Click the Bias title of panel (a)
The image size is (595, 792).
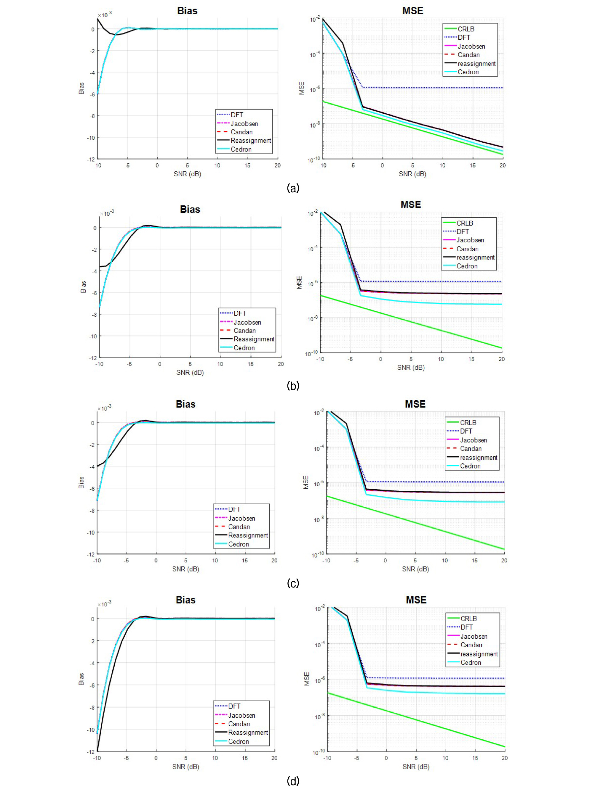coord(187,11)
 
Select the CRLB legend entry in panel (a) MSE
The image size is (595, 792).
coord(466,29)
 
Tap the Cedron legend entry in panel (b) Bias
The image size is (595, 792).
coord(244,348)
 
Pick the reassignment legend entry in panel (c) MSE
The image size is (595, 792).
coord(478,458)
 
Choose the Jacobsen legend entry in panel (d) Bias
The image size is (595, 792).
coord(241,715)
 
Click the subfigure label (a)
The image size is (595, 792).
coord(293,188)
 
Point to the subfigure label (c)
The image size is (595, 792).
coord(293,583)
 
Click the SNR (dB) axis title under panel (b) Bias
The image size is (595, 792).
coord(190,372)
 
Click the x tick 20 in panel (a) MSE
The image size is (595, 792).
coord(503,165)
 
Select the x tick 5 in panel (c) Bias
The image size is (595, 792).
coord(185,560)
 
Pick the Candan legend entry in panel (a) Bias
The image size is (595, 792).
coord(241,132)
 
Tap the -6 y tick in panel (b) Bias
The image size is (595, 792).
coord(94,293)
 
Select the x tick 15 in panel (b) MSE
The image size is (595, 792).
coord(471,359)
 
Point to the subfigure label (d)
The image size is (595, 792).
coord(293,781)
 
